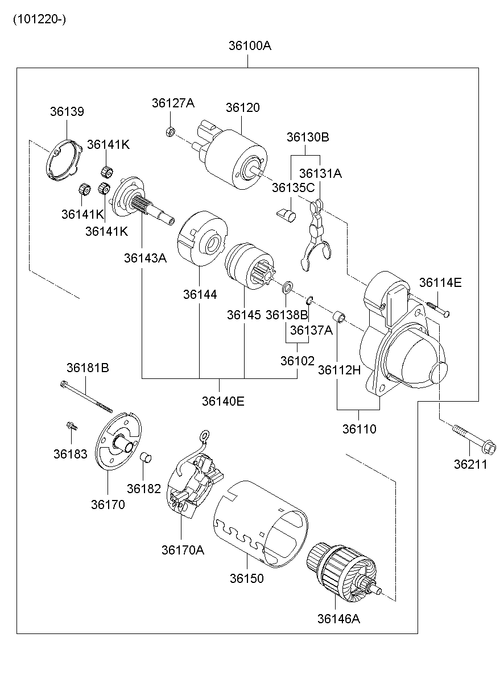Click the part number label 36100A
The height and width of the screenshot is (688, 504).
[x=250, y=45]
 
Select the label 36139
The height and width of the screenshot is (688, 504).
[x=67, y=111]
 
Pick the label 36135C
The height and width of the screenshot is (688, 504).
[x=292, y=187]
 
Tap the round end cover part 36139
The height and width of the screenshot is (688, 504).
[x=63, y=162]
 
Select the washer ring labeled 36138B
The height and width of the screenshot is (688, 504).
[x=287, y=286]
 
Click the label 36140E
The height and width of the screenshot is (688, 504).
[x=222, y=401]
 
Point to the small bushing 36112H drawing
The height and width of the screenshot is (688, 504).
[x=339, y=316]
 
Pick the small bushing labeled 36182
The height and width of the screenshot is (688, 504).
[x=144, y=458]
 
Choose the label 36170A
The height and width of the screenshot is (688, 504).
[x=183, y=550]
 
